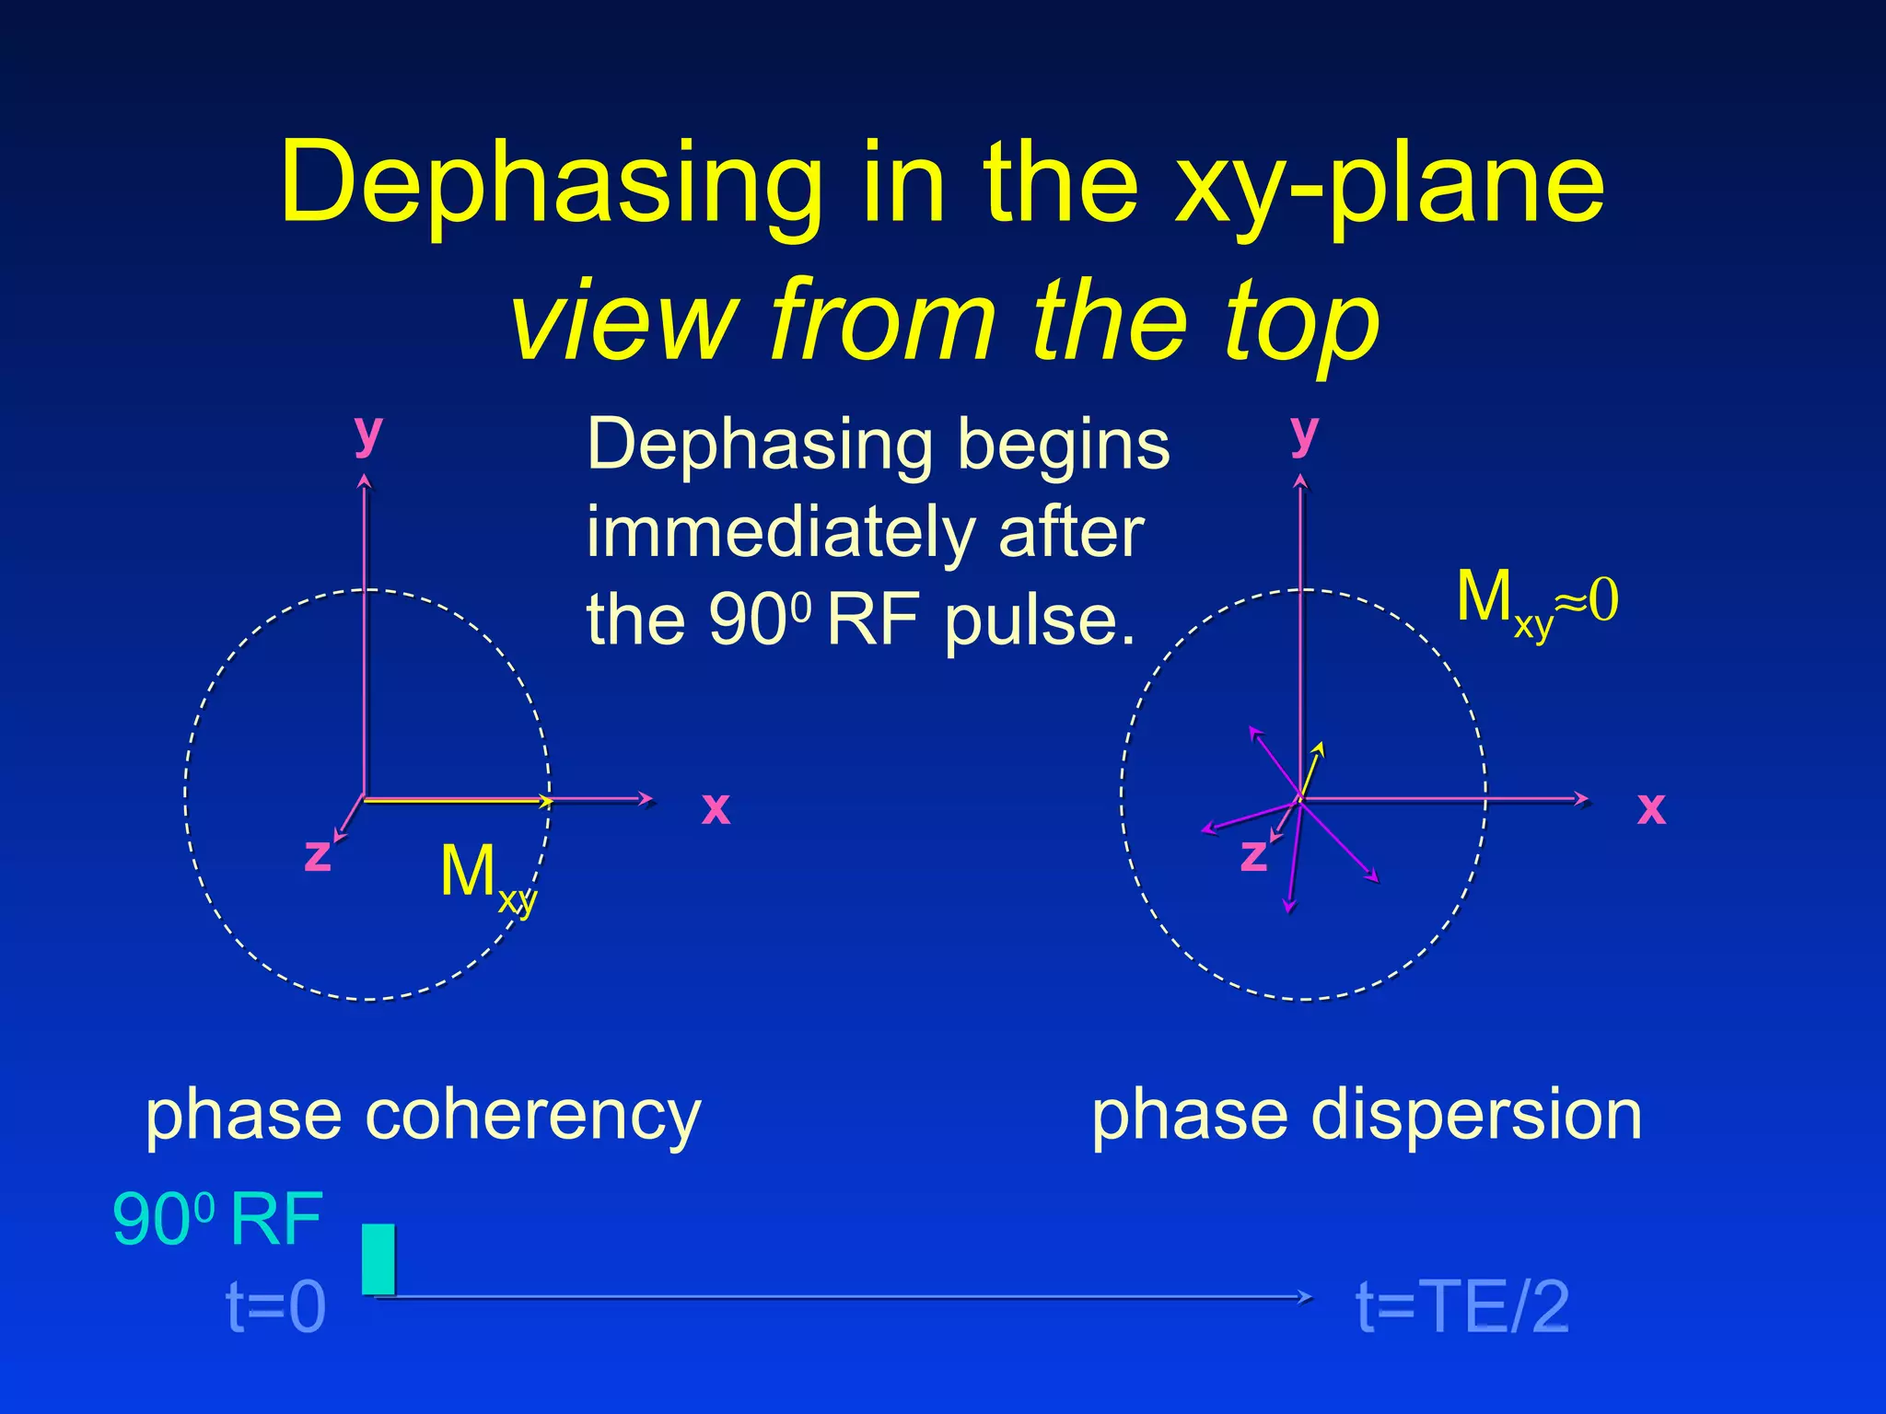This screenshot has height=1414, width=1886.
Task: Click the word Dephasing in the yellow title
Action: (x=551, y=184)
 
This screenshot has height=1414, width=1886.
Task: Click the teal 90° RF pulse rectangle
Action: (x=378, y=1258)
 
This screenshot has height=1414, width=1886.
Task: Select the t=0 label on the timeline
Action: (x=276, y=1306)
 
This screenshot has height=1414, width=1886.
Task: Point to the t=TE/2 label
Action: (x=1462, y=1306)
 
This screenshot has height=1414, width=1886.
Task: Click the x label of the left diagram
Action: (x=716, y=808)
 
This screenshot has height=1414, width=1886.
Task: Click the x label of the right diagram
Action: (x=1651, y=808)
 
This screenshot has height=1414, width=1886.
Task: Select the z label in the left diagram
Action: (x=318, y=854)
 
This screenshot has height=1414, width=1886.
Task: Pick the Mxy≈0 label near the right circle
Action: (x=1536, y=600)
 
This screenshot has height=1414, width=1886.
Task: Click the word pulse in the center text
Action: (x=1039, y=620)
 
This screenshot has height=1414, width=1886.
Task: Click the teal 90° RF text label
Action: (x=217, y=1220)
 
